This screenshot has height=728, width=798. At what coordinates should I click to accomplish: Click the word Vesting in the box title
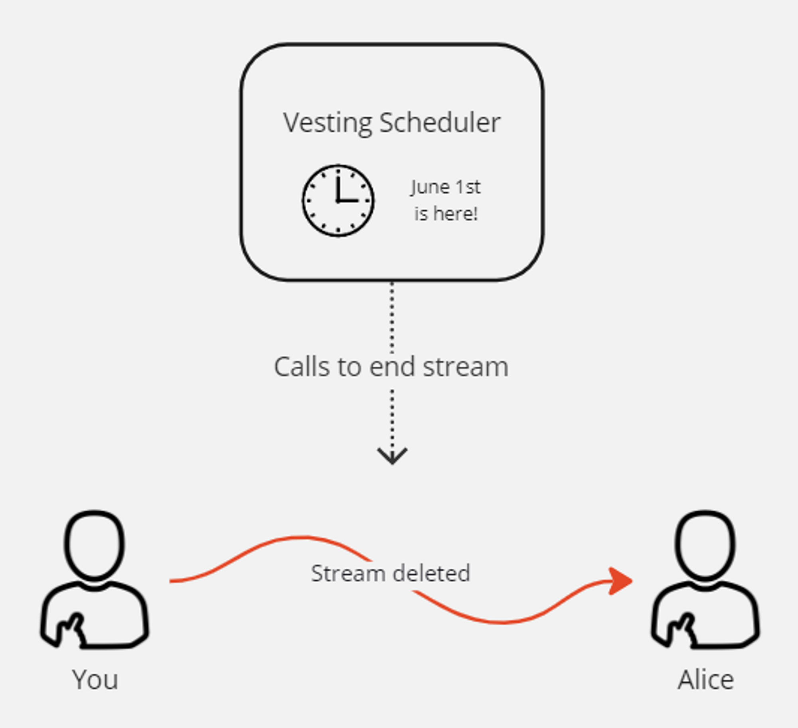[328, 123]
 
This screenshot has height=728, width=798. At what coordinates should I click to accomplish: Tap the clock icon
[338, 201]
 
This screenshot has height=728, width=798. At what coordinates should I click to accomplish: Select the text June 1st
[446, 187]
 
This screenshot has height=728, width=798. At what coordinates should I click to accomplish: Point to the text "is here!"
[446, 214]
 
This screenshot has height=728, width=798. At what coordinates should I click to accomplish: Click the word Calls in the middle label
[302, 367]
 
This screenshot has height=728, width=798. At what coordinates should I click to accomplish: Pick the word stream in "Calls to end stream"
[465, 367]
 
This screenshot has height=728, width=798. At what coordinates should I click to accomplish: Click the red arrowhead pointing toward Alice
[620, 581]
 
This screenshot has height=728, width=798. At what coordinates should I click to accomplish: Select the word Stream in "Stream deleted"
[348, 574]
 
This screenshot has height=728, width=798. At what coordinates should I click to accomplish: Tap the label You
[95, 679]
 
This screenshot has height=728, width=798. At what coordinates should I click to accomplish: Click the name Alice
[705, 679]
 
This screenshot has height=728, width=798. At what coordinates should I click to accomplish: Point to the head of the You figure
[94, 544]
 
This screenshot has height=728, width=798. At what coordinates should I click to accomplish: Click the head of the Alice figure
[705, 544]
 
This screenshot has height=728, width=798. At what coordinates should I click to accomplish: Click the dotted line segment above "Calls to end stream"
[392, 317]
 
